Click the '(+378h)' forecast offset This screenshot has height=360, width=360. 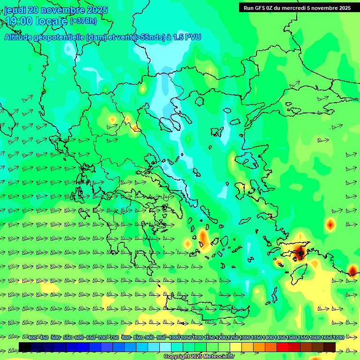[83, 21]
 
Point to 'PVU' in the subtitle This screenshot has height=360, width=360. [193, 37]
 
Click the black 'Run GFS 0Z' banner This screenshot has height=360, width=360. [297, 7]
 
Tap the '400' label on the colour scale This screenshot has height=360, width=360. [32, 337]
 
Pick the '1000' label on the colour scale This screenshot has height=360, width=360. [174, 337]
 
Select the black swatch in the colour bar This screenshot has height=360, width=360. [25, 347]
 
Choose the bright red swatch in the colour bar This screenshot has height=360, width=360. [283, 347]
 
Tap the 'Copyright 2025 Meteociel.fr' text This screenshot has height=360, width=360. [199, 357]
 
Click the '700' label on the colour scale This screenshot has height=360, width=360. [103, 337]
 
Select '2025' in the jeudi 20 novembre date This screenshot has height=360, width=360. [97, 10]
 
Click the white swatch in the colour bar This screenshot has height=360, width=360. [165, 347]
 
